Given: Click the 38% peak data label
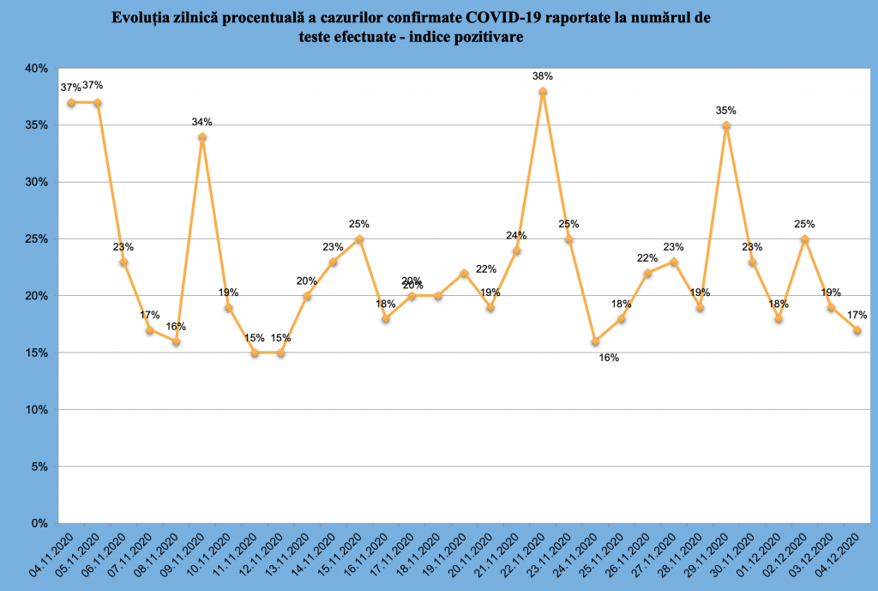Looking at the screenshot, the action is tap(543, 76).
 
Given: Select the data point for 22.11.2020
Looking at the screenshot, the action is tap(543, 91).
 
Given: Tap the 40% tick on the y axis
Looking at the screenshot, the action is tap(36, 69).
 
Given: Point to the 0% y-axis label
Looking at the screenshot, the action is tap(39, 523).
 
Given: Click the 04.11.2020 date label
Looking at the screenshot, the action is tap(51, 555).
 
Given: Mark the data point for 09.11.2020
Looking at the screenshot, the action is tap(202, 136).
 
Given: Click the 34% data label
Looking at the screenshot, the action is tap(202, 122).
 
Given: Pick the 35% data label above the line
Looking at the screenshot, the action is tap(725, 111).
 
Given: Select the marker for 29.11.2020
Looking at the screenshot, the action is tap(726, 125).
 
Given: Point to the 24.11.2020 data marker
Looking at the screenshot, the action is tap(595, 341).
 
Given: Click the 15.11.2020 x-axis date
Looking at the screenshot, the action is tap(340, 555).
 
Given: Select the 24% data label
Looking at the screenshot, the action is tap(516, 236).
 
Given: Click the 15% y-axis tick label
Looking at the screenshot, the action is tap(36, 353).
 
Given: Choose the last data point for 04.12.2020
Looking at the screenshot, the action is tap(857, 330).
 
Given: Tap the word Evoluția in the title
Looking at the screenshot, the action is tap(138, 18).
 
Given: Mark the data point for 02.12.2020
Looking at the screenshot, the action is tap(804, 239).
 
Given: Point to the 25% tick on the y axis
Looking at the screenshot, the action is tap(36, 239).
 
